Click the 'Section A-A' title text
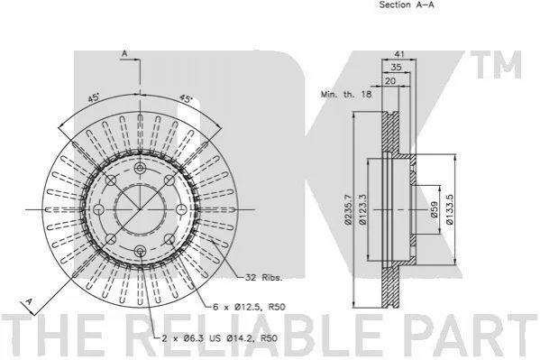407,5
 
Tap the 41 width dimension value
399,54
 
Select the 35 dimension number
397,68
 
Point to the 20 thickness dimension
390,81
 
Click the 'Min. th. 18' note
346,94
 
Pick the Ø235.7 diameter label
348,209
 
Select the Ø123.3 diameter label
362,209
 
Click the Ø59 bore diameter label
434,209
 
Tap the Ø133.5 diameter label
450,209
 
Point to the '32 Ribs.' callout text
264,277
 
